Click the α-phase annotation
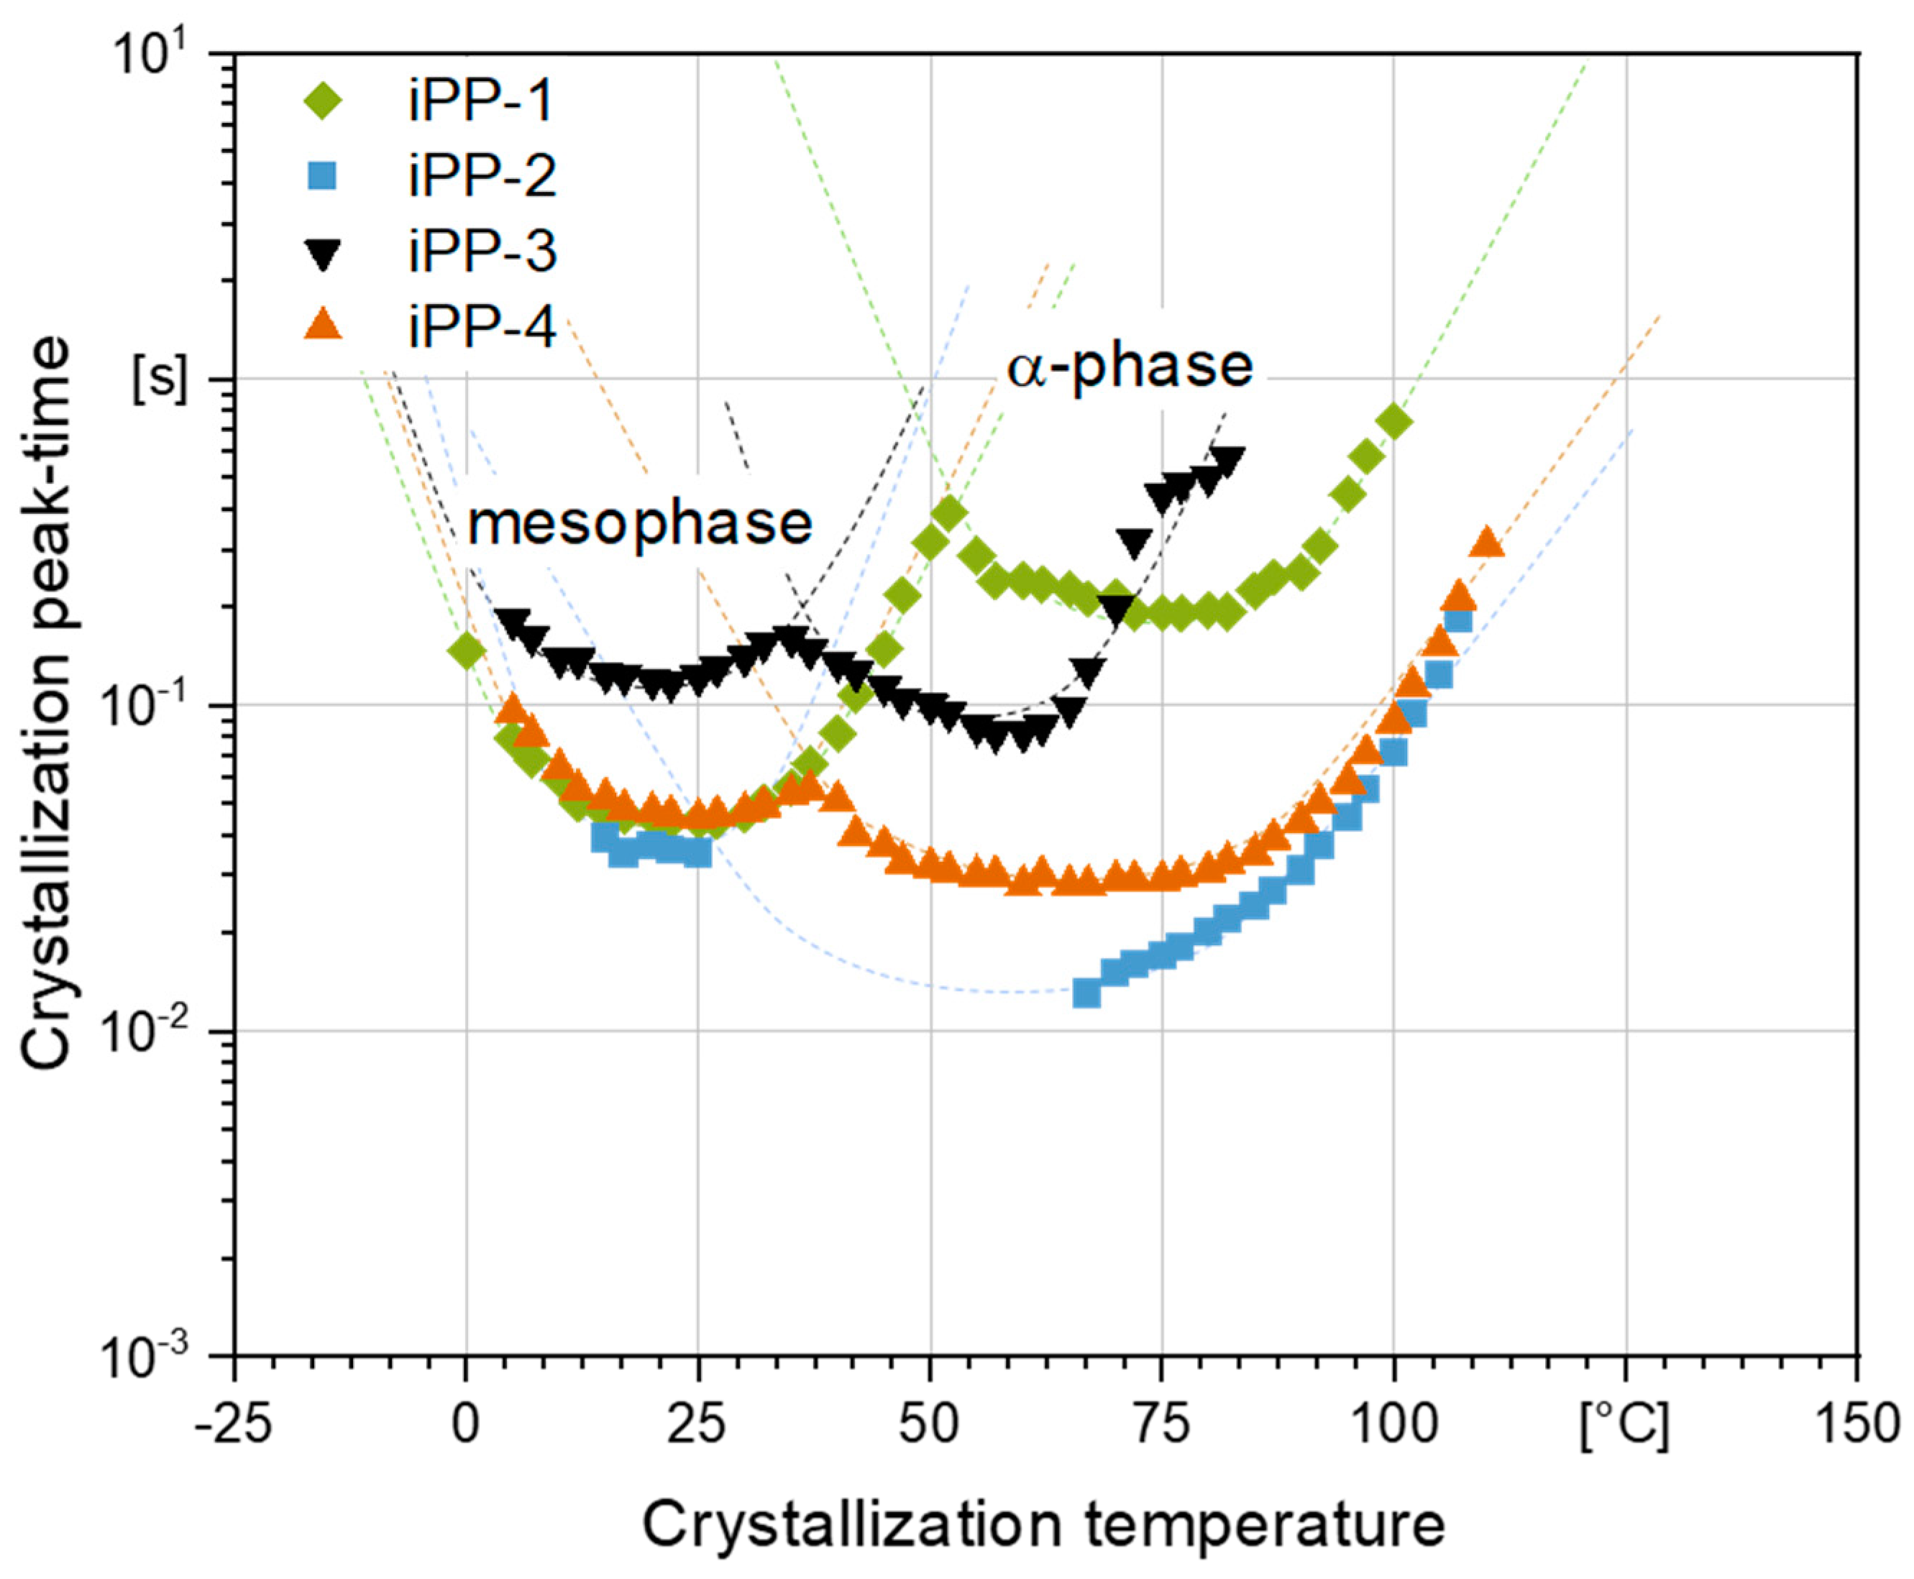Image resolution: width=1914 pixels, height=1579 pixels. tap(1128, 367)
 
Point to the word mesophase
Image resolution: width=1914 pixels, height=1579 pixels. tap(639, 524)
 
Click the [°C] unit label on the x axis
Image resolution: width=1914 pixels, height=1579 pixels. tap(1626, 1425)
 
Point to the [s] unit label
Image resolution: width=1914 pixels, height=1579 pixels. tap(160, 383)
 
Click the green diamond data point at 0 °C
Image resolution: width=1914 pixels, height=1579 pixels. tap(467, 650)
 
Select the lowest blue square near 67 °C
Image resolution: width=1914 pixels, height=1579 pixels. tap(1086, 993)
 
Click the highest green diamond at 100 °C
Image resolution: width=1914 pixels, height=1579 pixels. tap(1393, 421)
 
